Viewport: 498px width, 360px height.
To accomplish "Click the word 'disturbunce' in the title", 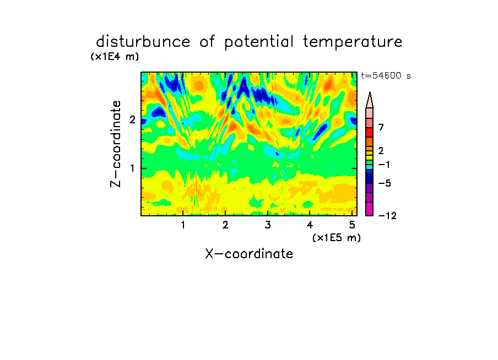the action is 143,42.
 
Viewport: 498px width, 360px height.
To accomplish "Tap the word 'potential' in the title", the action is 259,42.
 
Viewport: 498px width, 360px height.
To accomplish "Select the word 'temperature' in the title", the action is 353,42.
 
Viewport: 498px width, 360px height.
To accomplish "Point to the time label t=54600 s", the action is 386,75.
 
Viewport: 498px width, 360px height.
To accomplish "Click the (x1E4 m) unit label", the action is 115,57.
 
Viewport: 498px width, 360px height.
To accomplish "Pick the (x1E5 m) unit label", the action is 337,237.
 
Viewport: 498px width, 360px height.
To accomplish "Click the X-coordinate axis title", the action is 249,254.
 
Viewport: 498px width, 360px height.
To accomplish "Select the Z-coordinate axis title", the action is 116,144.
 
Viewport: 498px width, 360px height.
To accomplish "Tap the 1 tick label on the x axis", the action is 183,225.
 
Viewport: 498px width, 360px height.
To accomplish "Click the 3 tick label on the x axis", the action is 268,225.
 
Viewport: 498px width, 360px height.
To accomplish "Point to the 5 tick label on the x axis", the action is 352,225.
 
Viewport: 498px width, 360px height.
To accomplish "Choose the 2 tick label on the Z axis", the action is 132,119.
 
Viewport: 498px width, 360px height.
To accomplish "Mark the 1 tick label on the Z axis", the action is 132,168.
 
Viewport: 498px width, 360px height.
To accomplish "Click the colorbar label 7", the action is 381,127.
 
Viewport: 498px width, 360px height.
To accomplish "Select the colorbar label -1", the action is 384,165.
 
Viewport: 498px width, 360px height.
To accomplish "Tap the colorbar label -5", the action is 385,183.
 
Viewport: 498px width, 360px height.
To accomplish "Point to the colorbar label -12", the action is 387,216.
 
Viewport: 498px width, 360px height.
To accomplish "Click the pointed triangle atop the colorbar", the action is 370,100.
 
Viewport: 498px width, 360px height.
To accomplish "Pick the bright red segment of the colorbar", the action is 370,132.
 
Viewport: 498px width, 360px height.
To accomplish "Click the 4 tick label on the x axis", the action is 310,225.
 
